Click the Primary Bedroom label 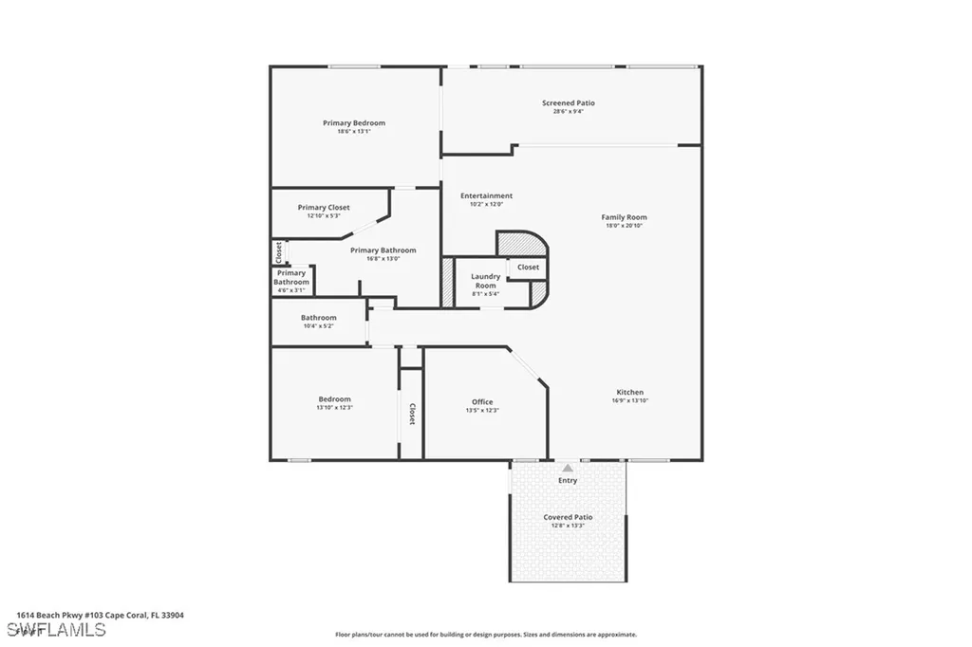(x=354, y=123)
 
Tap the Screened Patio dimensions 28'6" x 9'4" (x=569, y=112)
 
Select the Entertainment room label (x=486, y=196)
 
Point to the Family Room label (x=624, y=217)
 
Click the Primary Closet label (x=324, y=208)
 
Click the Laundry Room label (x=485, y=281)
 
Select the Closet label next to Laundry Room (x=528, y=268)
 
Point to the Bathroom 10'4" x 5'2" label (x=319, y=318)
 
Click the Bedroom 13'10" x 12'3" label (x=334, y=399)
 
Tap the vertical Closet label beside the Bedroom (x=412, y=414)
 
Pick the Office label (x=482, y=402)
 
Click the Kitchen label (x=629, y=392)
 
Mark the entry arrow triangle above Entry (x=568, y=468)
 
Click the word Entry (x=568, y=481)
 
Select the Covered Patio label (x=568, y=517)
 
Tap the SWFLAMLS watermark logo (x=56, y=630)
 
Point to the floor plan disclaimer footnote (x=485, y=635)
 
